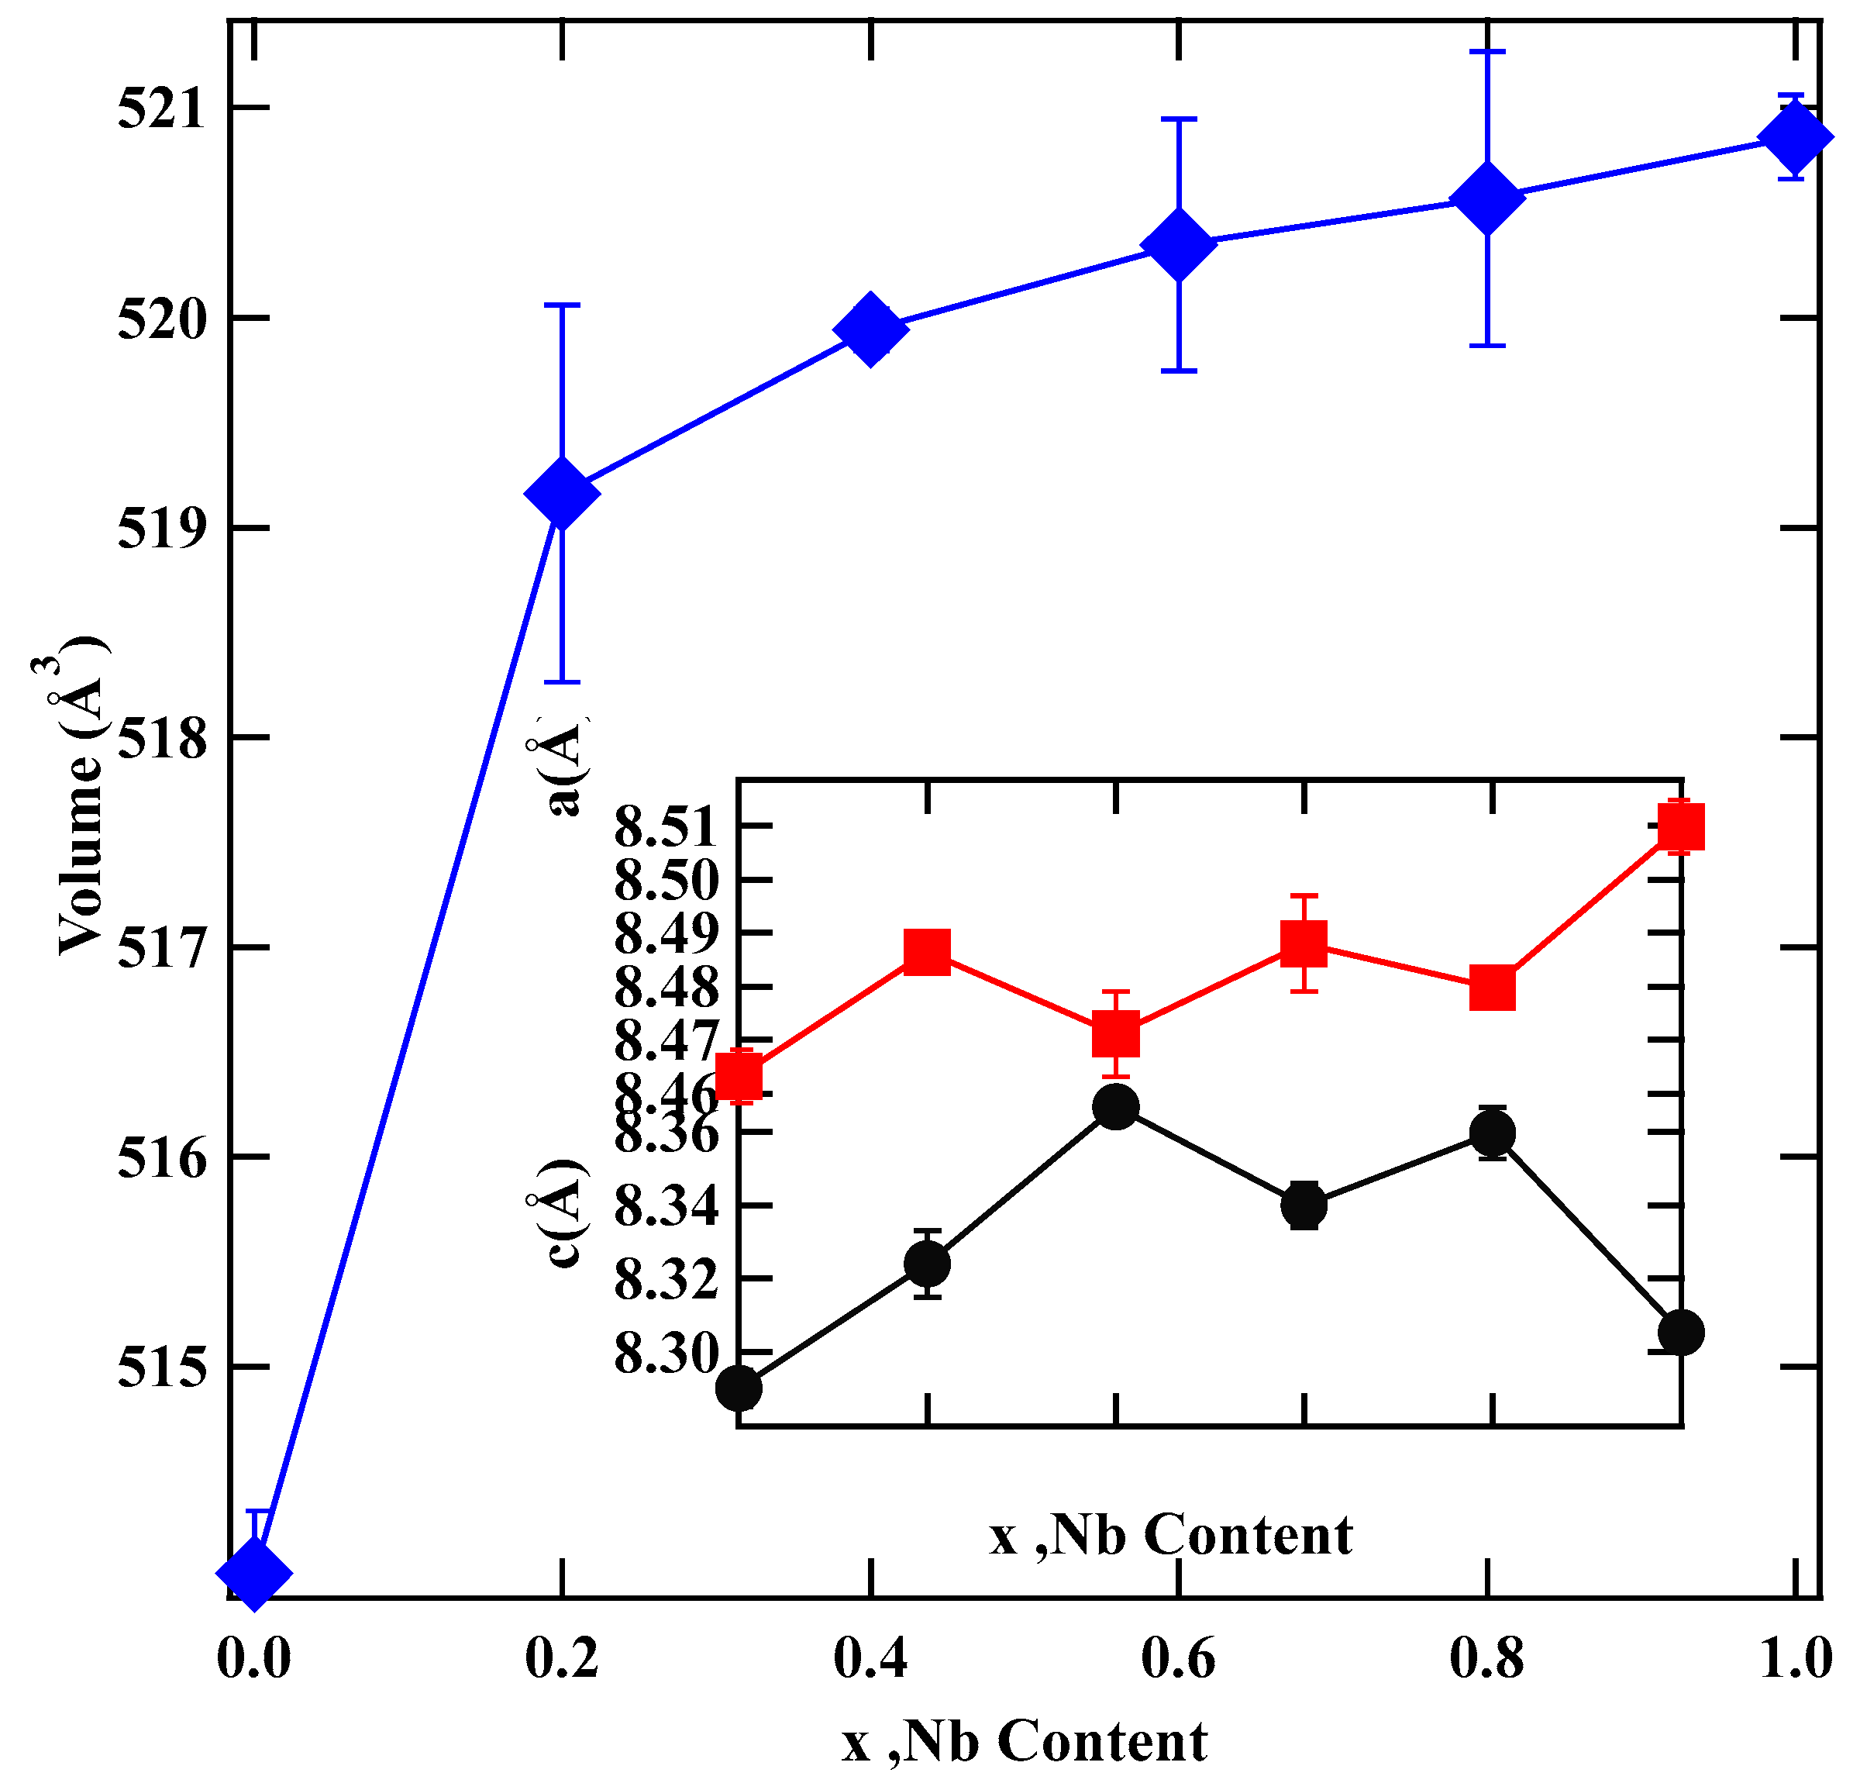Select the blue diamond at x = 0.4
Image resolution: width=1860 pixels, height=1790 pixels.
point(870,329)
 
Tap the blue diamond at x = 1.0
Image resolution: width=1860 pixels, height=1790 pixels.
point(1795,136)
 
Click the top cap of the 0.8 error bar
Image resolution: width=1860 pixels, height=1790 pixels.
point(1487,51)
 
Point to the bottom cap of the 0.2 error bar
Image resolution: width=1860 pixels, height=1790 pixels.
point(562,681)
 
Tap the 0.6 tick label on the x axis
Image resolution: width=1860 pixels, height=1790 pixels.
point(1178,1658)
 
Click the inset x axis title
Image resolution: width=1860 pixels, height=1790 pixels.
point(1170,1535)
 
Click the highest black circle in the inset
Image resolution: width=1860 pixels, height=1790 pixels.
point(1115,1107)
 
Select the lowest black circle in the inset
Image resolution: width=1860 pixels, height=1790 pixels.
point(739,1388)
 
